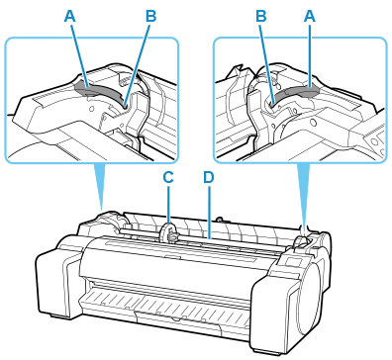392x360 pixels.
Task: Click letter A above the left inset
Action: coord(70,16)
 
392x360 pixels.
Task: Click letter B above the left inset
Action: coord(150,16)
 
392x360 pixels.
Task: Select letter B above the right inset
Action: coord(261,16)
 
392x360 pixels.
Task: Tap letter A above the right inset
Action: coord(310,16)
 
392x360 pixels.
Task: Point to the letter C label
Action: coord(168,177)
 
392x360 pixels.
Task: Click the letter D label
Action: coord(209,177)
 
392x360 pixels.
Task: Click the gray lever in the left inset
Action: coord(99,91)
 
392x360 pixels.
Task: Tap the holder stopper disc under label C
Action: coord(166,232)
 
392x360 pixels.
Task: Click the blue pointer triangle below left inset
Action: coord(101,185)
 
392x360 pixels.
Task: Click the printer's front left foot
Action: coord(59,315)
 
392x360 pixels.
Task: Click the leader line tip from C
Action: coord(168,224)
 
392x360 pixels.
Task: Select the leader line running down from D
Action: coord(209,212)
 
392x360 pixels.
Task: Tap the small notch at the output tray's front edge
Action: coord(175,319)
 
